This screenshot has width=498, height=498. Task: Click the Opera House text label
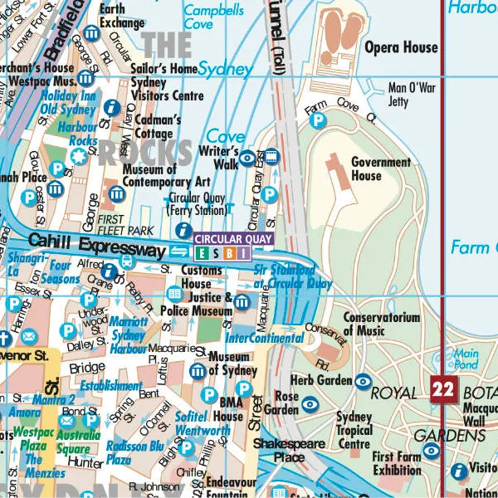pyautogui.click(x=401, y=47)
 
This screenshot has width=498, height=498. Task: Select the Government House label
pyautogui.click(x=380, y=169)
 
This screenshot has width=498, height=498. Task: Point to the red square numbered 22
pyautogui.click(x=444, y=388)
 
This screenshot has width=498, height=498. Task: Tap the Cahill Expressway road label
pyautogui.click(x=96, y=247)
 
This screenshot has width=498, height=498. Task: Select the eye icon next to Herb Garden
pyautogui.click(x=363, y=381)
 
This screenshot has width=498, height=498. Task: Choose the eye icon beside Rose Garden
pyautogui.click(x=310, y=404)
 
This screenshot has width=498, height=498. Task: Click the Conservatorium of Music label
pyautogui.click(x=381, y=324)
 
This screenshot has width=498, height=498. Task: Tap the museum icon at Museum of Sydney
pyautogui.click(x=198, y=371)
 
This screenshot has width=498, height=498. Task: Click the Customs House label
pyautogui.click(x=202, y=277)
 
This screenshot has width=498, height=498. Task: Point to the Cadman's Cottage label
pyautogui.click(x=154, y=127)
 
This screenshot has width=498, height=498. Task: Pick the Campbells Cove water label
pyautogui.click(x=213, y=17)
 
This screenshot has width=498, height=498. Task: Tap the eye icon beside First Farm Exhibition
pyautogui.click(x=430, y=452)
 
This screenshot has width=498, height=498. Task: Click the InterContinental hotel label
pyautogui.click(x=264, y=339)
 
